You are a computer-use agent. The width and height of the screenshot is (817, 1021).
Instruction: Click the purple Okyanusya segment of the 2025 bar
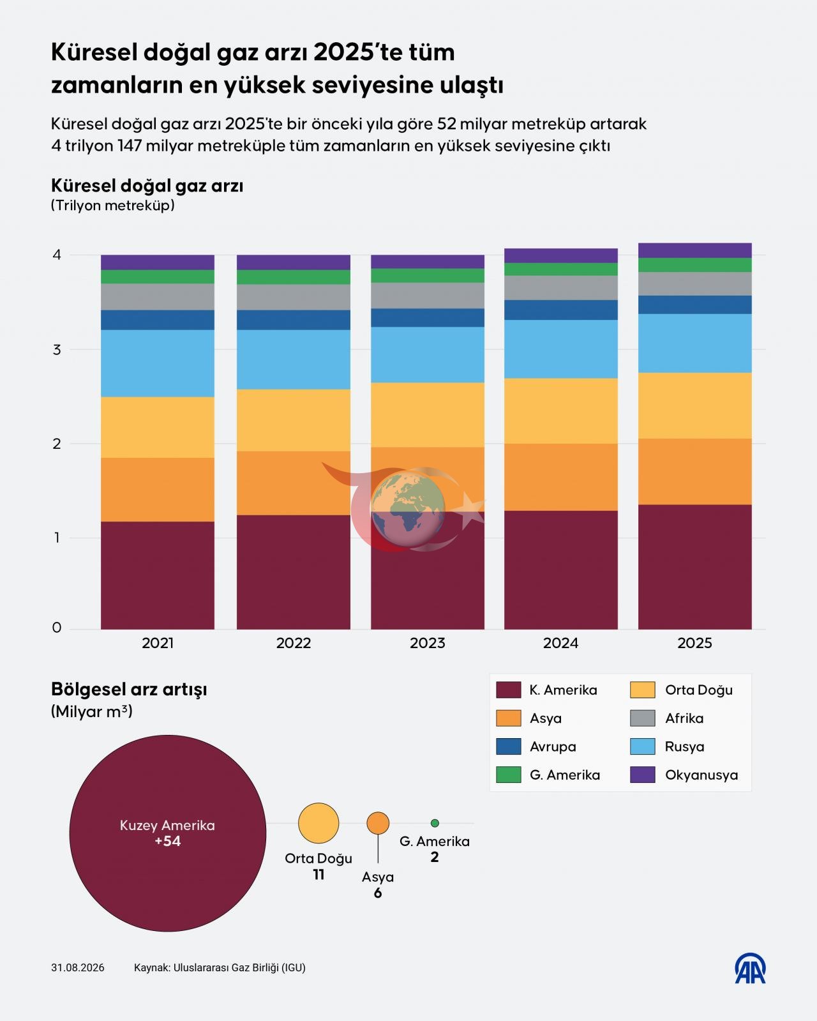click(x=694, y=250)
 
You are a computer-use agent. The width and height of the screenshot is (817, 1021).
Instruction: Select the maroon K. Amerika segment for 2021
click(x=158, y=575)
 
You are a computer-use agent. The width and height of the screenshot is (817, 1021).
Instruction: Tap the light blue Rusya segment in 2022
click(x=294, y=359)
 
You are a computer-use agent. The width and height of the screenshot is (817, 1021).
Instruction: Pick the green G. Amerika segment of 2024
click(x=561, y=269)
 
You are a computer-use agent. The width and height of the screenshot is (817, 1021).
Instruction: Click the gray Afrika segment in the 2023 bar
click(x=428, y=296)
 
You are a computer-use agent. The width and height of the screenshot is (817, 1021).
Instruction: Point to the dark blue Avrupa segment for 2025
click(x=694, y=305)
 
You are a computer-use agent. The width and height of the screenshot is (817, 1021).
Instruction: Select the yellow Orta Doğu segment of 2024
click(x=561, y=411)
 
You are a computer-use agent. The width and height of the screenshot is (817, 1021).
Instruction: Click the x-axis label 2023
click(x=428, y=644)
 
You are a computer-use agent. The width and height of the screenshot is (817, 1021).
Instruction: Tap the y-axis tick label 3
click(x=57, y=350)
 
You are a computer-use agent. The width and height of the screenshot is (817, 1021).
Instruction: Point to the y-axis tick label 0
click(x=57, y=628)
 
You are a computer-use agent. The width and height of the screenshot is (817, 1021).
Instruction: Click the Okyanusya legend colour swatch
click(x=642, y=775)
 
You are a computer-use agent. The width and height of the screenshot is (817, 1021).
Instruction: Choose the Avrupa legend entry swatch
click(x=508, y=746)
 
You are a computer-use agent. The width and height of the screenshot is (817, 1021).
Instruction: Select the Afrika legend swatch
click(x=642, y=718)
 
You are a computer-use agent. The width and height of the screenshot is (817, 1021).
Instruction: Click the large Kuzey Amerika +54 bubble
click(x=167, y=834)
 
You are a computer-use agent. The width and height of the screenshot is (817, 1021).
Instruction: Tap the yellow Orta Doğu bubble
click(x=319, y=823)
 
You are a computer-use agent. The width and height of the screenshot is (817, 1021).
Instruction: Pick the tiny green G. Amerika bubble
click(x=435, y=823)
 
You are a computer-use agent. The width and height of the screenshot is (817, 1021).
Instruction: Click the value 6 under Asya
click(x=378, y=893)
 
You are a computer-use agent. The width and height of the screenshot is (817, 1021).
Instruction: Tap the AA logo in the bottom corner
click(x=750, y=969)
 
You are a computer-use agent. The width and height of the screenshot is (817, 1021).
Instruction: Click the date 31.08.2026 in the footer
click(x=78, y=968)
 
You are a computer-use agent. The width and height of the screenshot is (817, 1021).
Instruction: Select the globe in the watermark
click(x=408, y=509)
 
